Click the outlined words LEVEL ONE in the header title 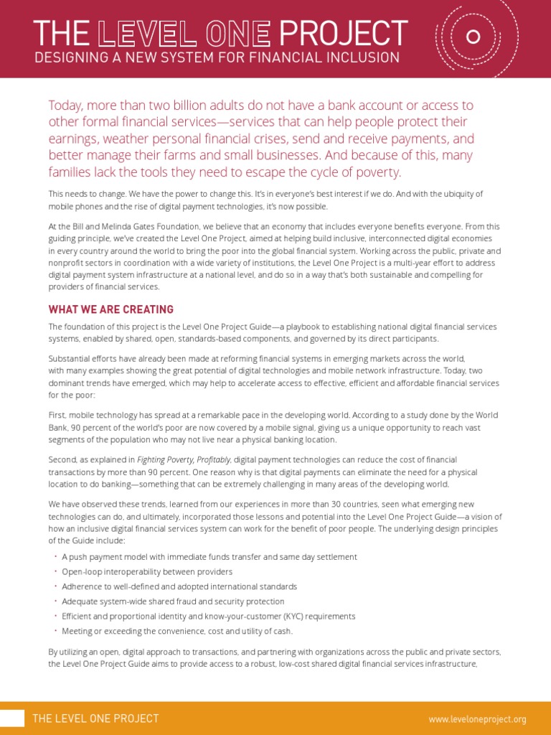184,33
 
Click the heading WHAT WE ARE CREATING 110,309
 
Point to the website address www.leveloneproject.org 477,718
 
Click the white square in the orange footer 11,718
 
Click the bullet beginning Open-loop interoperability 147,571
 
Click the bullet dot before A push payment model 55,556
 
